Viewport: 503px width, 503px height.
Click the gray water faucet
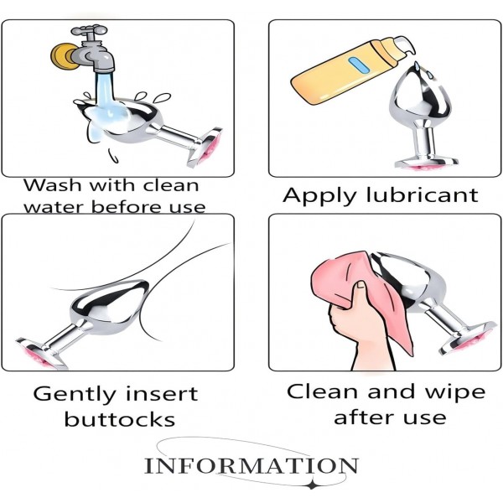[x=93, y=53]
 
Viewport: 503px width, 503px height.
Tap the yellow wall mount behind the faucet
[x=61, y=56]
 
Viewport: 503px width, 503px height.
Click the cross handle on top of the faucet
[x=90, y=31]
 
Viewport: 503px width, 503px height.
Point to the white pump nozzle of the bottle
[x=405, y=45]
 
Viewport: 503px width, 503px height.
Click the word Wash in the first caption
[x=52, y=185]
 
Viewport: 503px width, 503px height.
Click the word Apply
[x=322, y=195]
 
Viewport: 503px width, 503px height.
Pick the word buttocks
[x=120, y=418]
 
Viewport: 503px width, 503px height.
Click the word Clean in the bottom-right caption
[x=323, y=392]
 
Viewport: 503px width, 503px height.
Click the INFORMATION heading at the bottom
[x=251, y=466]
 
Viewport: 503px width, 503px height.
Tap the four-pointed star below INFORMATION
[x=311, y=485]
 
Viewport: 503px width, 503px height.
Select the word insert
[x=162, y=394]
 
